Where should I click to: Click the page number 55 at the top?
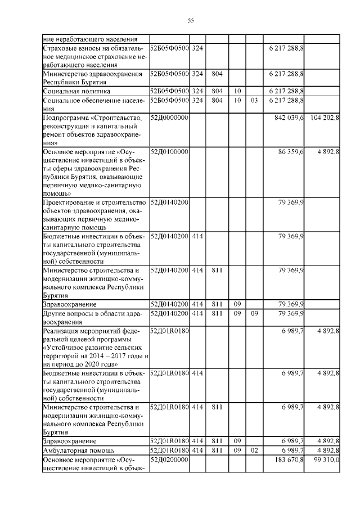[190, 21]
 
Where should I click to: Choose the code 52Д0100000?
[169, 152]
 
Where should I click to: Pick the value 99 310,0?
[325, 460]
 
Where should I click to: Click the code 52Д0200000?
[169, 460]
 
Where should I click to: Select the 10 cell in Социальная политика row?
[237, 91]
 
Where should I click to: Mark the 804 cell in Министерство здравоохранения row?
[217, 74]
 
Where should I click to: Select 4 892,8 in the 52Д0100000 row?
[327, 152]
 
